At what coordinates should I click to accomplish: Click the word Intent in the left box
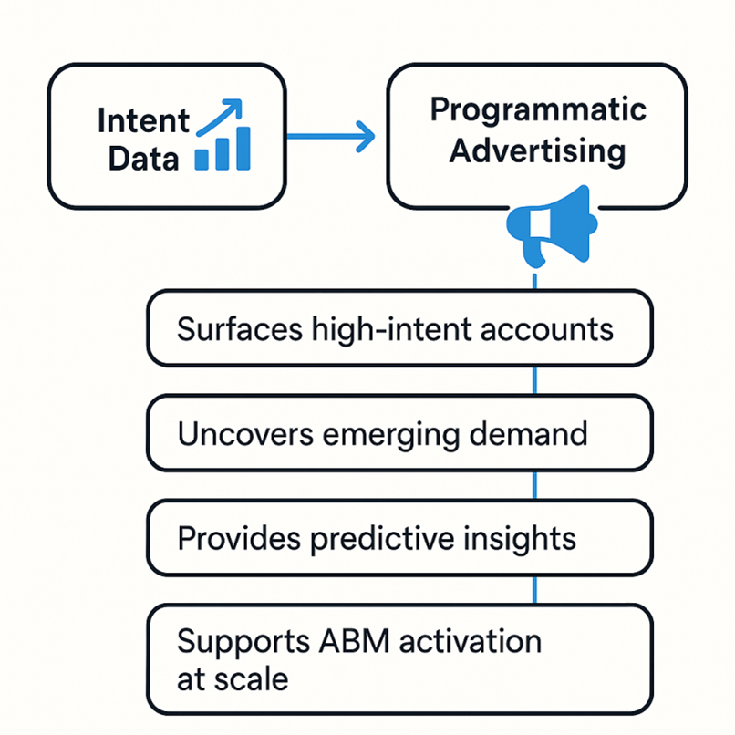[143, 121]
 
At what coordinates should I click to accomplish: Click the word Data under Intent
[143, 159]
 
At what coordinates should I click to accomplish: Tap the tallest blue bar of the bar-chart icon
[243, 148]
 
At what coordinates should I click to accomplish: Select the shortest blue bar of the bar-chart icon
[202, 160]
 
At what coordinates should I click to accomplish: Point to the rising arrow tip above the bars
[239, 102]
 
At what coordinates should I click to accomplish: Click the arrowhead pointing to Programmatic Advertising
[367, 137]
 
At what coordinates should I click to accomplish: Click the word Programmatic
[538, 110]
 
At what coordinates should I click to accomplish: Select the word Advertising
[537, 151]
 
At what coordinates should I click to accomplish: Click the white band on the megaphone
[540, 223]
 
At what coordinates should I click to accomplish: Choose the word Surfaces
[240, 328]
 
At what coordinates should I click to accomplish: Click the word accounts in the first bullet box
[546, 329]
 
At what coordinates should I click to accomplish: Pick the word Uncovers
[245, 433]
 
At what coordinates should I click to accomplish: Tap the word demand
[528, 433]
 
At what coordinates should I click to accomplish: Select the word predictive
[382, 539]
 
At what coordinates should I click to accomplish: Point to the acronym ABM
[355, 641]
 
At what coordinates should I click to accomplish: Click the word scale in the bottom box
[251, 678]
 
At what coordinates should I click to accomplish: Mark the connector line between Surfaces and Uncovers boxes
[535, 380]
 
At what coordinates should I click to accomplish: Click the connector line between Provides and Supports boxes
[535, 590]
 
